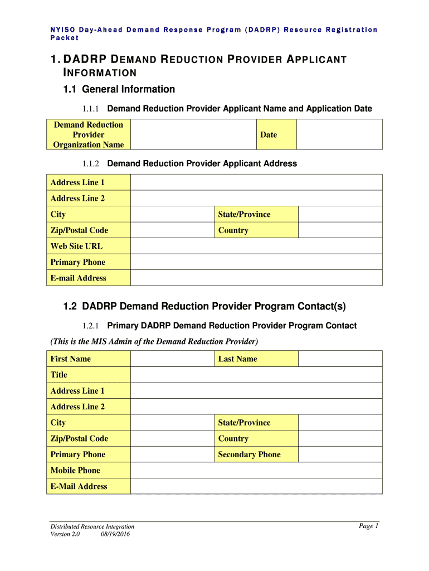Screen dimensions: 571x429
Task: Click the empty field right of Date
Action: tap(339, 134)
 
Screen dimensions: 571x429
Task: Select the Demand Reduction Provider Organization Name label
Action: tap(89, 134)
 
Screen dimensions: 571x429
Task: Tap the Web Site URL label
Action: tap(76, 246)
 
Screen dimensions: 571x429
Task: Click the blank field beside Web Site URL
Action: tap(256, 246)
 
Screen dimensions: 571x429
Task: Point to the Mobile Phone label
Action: tap(75, 470)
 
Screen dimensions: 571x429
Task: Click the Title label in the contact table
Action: tap(58, 375)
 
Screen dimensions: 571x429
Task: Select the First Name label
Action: tap(70, 359)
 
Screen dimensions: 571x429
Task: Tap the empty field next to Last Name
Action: tap(340, 359)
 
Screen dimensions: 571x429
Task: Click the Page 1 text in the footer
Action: tap(369, 526)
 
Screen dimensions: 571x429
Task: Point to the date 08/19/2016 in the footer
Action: tap(115, 534)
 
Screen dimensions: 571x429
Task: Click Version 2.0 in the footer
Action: tap(65, 534)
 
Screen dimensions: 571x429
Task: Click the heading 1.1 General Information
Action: tap(119, 89)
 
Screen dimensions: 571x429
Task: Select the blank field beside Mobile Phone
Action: tap(256, 470)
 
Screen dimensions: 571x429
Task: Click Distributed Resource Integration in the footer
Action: tap(92, 526)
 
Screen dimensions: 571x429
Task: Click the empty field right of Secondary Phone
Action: tap(340, 454)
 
